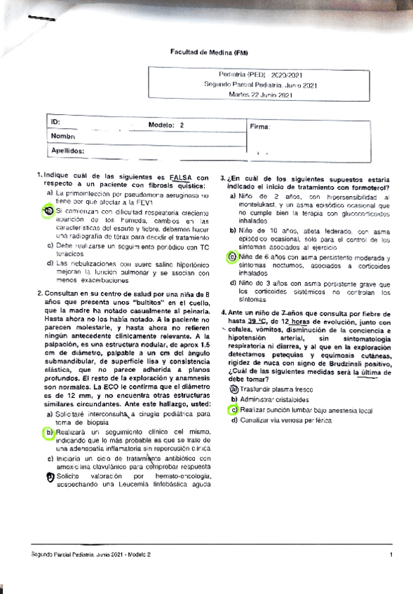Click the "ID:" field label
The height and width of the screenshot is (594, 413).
point(55,123)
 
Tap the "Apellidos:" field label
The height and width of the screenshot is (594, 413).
point(67,150)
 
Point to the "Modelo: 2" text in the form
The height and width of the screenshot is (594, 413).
point(166,125)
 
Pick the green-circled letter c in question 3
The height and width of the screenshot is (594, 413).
point(233,257)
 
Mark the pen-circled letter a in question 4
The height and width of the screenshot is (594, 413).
point(233,388)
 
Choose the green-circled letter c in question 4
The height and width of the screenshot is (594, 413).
point(233,410)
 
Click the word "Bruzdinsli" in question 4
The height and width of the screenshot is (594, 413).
point(330,364)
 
